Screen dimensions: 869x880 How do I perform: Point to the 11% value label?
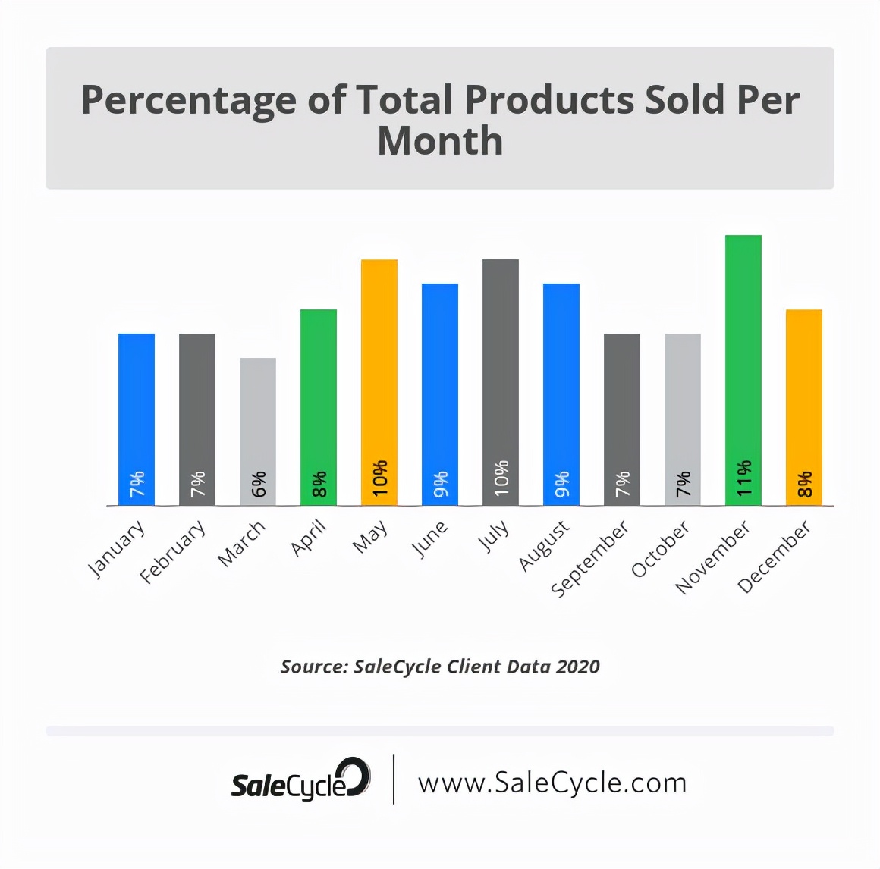tap(743, 478)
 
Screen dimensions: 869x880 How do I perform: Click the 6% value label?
tap(258, 484)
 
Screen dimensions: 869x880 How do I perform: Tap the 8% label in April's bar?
tap(319, 484)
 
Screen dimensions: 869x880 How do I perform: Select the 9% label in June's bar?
tap(440, 484)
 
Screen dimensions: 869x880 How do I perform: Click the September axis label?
tap(590, 558)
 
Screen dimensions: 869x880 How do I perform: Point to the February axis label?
tap(173, 551)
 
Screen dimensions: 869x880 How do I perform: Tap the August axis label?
tap(544, 545)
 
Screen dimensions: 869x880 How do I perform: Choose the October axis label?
tap(661, 548)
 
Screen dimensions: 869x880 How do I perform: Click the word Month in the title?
tap(440, 142)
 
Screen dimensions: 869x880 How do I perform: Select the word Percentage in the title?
tap(188, 100)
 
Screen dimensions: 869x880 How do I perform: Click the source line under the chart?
tap(440, 667)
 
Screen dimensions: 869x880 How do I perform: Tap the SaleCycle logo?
tap(300, 781)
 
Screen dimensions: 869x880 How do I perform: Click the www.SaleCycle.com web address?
tap(552, 783)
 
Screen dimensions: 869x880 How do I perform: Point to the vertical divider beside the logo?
tap(394, 779)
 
